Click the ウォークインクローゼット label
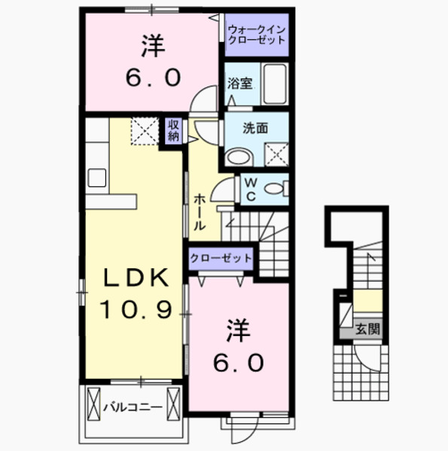pyautogui.click(x=256, y=35)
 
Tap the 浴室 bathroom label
pyautogui.click(x=239, y=83)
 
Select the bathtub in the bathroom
pyautogui.click(x=276, y=84)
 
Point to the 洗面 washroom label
pyautogui.click(x=255, y=129)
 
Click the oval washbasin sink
pyautogui.click(x=239, y=157)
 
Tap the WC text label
pyautogui.click(x=251, y=189)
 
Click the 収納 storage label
pyautogui.click(x=174, y=131)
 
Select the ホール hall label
pyautogui.click(x=199, y=212)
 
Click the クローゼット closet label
pyautogui.click(x=221, y=259)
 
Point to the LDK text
pyautogui.click(x=136, y=277)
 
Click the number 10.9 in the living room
pyautogui.click(x=136, y=309)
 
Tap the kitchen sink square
pyautogui.click(x=97, y=178)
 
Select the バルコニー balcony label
pyautogui.click(x=133, y=407)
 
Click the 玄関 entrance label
pyautogui.click(x=367, y=328)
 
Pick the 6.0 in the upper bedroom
pyautogui.click(x=154, y=77)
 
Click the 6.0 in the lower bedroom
pyautogui.click(x=239, y=363)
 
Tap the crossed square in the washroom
pyautogui.click(x=276, y=154)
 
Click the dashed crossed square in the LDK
pyautogui.click(x=145, y=131)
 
